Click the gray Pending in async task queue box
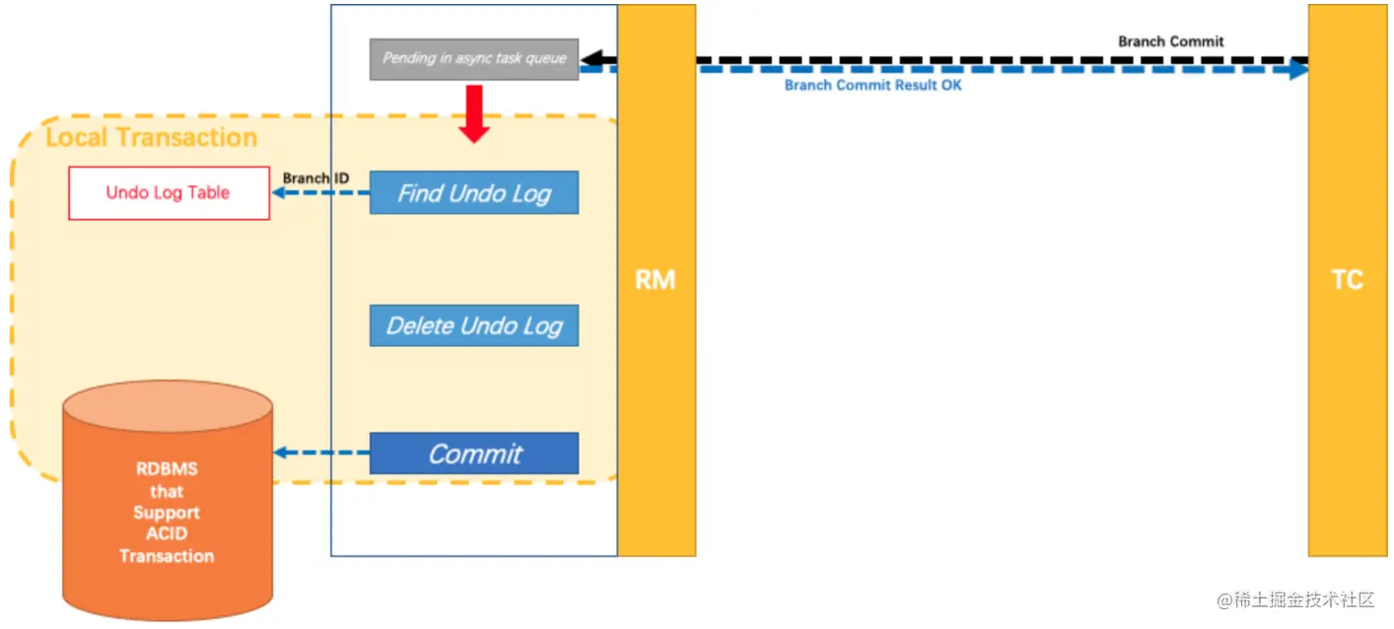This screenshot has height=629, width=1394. (473, 59)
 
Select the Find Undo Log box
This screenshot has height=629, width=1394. (473, 192)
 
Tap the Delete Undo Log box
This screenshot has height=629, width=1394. (473, 325)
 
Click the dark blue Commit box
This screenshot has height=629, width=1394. (473, 454)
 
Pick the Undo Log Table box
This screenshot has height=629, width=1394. (169, 192)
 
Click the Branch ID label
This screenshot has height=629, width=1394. (315, 178)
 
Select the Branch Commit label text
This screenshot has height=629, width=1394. (1170, 41)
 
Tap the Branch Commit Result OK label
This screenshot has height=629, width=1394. (872, 86)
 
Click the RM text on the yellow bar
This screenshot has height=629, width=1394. (656, 280)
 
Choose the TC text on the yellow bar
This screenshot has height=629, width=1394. (1347, 280)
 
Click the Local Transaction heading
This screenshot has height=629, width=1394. (151, 137)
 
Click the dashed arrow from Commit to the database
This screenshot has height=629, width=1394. (321, 454)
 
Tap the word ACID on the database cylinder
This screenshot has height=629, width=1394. (167, 534)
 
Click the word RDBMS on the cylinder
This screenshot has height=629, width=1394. (167, 469)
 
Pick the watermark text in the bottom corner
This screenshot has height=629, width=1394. (1294, 599)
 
